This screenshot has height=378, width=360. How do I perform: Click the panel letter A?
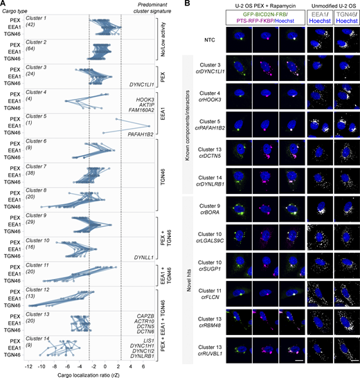3,4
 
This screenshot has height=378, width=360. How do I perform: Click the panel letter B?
186,4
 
